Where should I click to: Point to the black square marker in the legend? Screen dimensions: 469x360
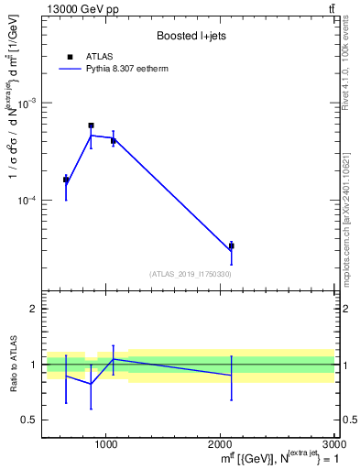[70, 57]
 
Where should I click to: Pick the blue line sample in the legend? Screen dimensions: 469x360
[70, 69]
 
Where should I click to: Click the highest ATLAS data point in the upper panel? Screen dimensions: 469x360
[91, 125]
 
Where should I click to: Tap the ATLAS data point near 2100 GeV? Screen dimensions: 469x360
[231, 245]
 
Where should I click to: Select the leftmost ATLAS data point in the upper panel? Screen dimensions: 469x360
[66, 180]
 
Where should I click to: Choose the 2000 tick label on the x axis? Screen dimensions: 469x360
[220, 445]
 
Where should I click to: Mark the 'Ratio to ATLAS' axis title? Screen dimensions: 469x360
[12, 365]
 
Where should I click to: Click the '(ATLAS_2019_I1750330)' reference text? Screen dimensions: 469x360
[190, 274]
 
